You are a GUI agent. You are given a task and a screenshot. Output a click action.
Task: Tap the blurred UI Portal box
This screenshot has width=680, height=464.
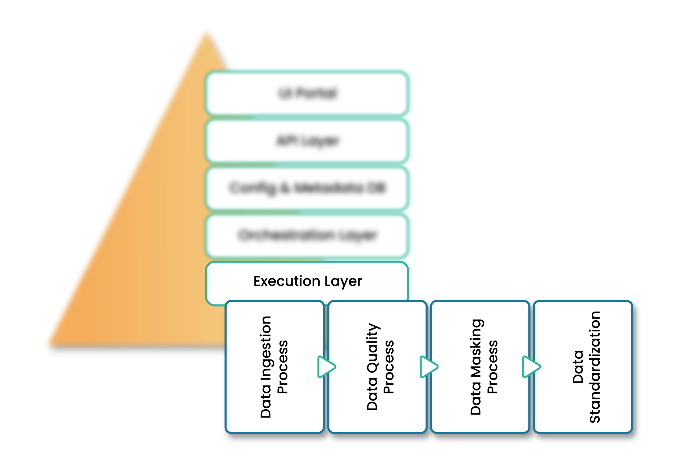coord(306,93)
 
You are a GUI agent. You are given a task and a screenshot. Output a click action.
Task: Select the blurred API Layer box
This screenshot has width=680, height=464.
coord(306,141)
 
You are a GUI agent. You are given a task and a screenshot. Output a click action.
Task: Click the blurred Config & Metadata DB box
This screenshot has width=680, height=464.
coord(306,188)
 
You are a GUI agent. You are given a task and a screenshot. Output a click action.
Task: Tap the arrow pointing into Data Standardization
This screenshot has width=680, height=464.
coord(531,367)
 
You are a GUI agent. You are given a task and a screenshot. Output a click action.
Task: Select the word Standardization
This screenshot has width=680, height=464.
coord(594,367)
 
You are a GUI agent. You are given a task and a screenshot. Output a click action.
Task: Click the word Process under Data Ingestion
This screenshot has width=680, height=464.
coord(283,367)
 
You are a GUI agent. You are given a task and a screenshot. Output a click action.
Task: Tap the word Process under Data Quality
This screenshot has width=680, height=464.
coord(389,367)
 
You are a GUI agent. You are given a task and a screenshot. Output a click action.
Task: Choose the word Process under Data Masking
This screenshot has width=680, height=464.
coord(492,367)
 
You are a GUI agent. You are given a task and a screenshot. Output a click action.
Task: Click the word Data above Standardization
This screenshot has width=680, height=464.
coord(578,367)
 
